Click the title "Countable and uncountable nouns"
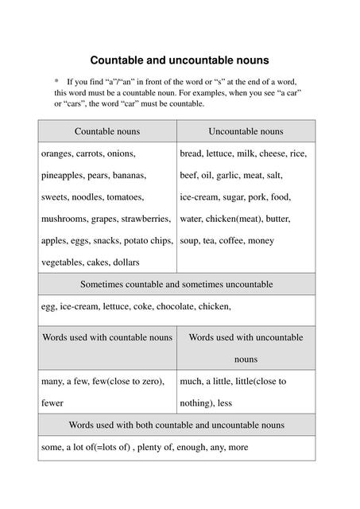pyautogui.click(x=179, y=60)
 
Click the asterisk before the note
pyautogui.click(x=56, y=81)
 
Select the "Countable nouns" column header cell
pyautogui.click(x=106, y=131)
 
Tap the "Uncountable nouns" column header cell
pyautogui.click(x=246, y=131)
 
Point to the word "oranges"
pyautogui.click(x=57, y=153)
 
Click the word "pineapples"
pyautogui.click(x=64, y=175)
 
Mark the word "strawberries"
pyautogui.click(x=144, y=219)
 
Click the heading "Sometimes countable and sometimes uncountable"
pyautogui.click(x=176, y=284)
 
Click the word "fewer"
pyautogui.click(x=52, y=403)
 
